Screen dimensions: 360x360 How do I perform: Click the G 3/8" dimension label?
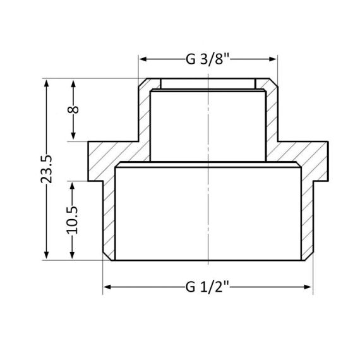(208, 60)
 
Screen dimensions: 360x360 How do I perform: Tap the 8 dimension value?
(73, 110)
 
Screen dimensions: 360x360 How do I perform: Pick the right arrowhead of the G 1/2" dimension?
(309, 287)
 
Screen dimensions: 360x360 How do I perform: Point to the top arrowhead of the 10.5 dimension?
(73, 184)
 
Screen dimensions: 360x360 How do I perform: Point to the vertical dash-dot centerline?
(208, 189)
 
